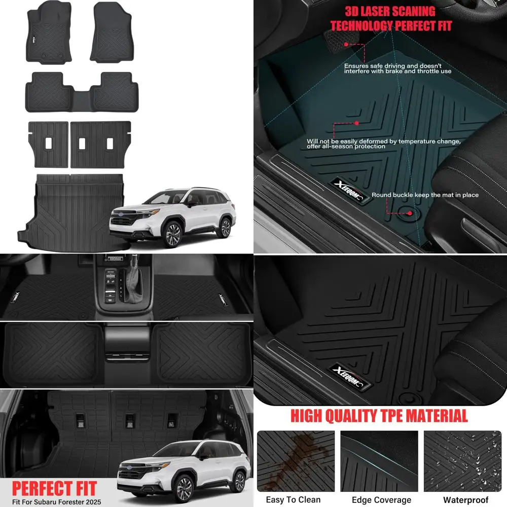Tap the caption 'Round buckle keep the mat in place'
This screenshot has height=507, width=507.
[425, 195]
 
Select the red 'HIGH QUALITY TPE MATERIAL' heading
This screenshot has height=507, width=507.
[379, 416]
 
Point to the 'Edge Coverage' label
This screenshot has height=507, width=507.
[381, 499]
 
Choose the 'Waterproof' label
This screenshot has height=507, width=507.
[465, 499]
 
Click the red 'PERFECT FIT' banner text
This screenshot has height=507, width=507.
[54, 488]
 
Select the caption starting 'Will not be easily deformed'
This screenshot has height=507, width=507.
[383, 143]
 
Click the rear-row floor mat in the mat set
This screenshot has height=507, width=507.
[82, 91]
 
